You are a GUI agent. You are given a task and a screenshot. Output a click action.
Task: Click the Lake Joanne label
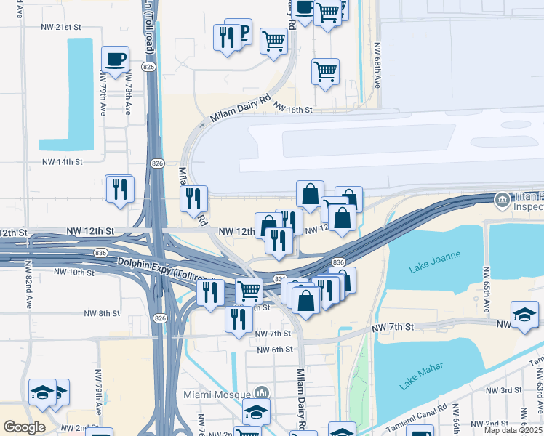click(x=431, y=268)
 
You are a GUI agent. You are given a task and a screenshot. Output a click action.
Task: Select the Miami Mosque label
click(x=217, y=394)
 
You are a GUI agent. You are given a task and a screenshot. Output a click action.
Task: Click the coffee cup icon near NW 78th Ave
click(x=114, y=60)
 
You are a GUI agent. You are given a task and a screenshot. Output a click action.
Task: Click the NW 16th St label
click(x=293, y=108)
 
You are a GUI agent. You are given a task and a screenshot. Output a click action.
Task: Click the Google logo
click(x=24, y=427)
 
